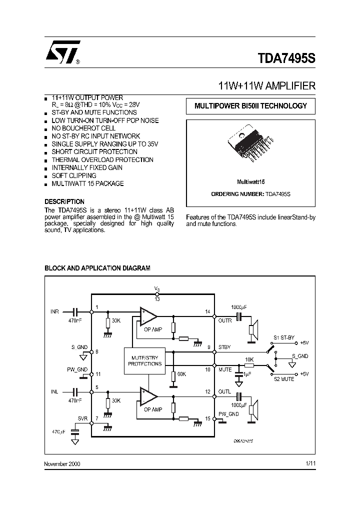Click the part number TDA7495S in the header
[286, 57]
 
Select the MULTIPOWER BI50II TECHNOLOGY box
[250, 106]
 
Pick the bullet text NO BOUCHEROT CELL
[83, 128]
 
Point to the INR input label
[54, 311]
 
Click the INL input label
[54, 391]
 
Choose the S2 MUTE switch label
[283, 379]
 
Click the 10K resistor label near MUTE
[249, 359]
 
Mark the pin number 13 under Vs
[157, 299]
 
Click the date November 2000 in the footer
[62, 463]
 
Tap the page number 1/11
[310, 463]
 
